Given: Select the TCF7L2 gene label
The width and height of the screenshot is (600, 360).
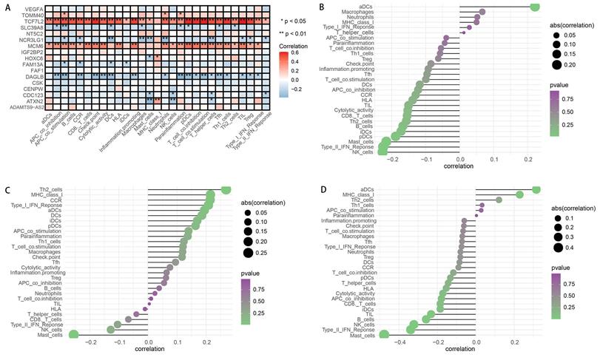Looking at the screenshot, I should [31, 22].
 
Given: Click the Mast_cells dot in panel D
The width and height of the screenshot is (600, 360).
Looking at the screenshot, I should [384, 334].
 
